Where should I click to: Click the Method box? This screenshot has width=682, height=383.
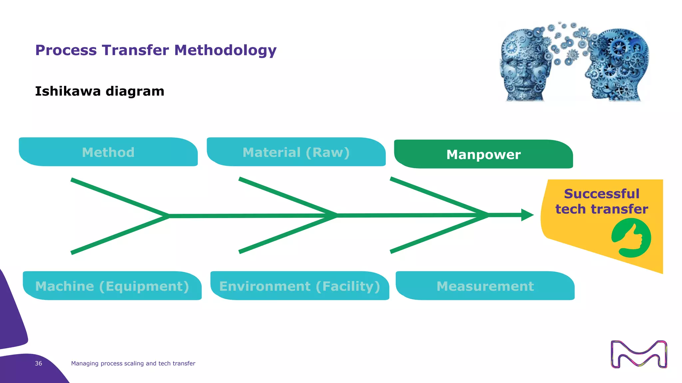108,152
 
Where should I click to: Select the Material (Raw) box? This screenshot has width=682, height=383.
296,152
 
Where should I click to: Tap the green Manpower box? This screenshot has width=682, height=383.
484,154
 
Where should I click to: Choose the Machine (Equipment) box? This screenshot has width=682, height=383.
112,286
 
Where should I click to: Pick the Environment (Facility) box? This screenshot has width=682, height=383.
300,286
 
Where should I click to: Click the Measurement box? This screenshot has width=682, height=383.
485,286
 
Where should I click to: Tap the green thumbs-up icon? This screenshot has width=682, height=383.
631,238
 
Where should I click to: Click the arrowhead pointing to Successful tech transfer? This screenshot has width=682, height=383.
527,215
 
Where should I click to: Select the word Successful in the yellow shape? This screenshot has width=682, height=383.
602,194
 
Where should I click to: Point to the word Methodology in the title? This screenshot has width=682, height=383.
225,50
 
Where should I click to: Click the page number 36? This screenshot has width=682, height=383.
38,363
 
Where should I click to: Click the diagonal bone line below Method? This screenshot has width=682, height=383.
120,197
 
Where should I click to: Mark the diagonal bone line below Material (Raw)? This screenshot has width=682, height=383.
288,197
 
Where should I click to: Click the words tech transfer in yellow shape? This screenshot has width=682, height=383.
602,209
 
